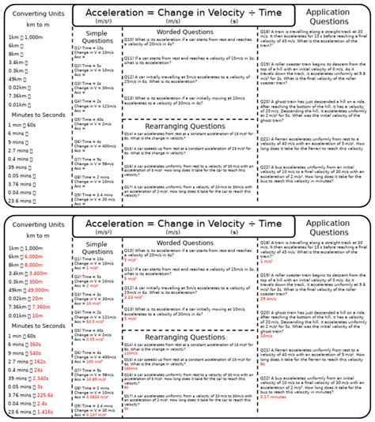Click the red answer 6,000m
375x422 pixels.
(33, 257)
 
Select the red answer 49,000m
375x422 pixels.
(37, 290)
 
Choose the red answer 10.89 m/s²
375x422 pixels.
(95, 379)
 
